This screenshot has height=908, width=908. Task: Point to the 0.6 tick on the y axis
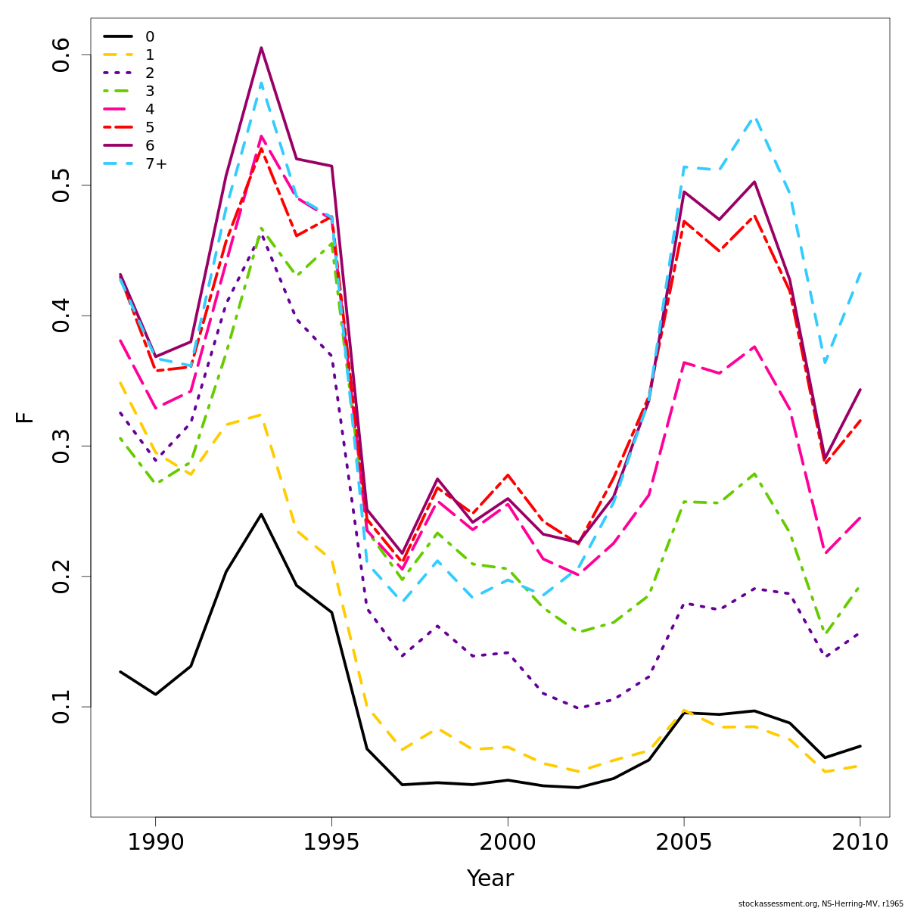coord(61,54)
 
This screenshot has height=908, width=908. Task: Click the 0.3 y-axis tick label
coord(61,446)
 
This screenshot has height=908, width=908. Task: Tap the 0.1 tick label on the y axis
coord(61,707)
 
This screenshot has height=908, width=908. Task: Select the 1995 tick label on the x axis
coord(331,842)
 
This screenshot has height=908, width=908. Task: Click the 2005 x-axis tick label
coord(684,842)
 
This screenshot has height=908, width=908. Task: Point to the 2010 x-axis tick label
coord(860,842)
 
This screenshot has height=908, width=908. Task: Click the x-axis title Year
coord(490,878)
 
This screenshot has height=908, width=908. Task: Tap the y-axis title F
coord(25,417)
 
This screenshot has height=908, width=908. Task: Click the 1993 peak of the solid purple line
coord(261,48)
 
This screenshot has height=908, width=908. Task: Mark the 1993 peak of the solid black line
coord(261,515)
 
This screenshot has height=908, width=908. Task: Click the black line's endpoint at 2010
coord(860,746)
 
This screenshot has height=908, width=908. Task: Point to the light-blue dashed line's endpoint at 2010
coord(860,272)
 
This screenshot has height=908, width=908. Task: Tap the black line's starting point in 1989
coord(120,671)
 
